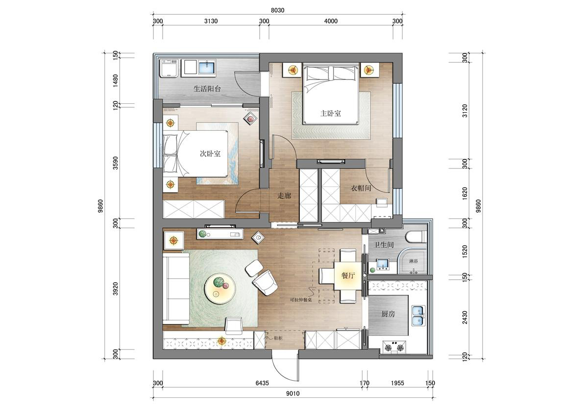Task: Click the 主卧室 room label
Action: [x=330, y=113]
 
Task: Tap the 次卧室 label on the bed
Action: [x=210, y=153]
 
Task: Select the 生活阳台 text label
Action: [x=207, y=89]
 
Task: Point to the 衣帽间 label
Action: [x=361, y=188]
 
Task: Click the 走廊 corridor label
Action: [x=284, y=195]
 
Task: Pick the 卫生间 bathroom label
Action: [x=384, y=245]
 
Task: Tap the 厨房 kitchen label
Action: [x=388, y=314]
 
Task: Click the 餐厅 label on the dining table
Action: [x=348, y=275]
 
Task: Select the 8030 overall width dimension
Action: [x=277, y=10]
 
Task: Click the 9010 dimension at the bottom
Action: [x=293, y=401]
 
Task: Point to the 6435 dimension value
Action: [x=262, y=383]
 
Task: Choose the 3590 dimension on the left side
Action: [x=116, y=163]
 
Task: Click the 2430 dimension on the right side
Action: [x=465, y=317]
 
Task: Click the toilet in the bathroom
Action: [x=416, y=237]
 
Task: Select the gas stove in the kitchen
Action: [x=394, y=347]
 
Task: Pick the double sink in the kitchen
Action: [x=418, y=316]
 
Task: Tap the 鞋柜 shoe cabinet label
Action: [x=278, y=338]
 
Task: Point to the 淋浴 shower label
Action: [x=414, y=262]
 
